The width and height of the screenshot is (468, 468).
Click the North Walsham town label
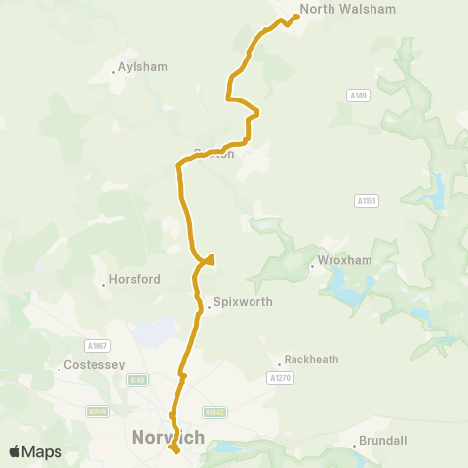click(x=334, y=9)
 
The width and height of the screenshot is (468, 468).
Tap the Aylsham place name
click(x=142, y=67)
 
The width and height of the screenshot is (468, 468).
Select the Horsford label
click(x=136, y=279)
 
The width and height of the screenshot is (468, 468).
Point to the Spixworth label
click(x=243, y=302)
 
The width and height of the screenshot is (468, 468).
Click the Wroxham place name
click(x=340, y=263)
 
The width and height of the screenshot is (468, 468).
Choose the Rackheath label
click(x=311, y=359)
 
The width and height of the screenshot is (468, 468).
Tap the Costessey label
click(x=91, y=365)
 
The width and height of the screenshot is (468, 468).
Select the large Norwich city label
click(x=168, y=438)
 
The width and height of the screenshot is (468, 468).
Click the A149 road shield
click(x=358, y=95)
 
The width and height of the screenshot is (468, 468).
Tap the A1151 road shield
click(x=367, y=201)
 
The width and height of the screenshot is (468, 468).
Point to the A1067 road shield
click(x=97, y=345)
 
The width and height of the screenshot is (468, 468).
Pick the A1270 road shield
click(x=279, y=377)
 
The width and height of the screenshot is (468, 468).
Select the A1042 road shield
click(x=215, y=412)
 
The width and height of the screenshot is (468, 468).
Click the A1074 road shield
click(x=97, y=412)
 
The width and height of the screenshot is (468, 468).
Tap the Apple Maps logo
click(x=35, y=451)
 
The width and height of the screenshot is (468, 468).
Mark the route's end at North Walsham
click(x=295, y=16)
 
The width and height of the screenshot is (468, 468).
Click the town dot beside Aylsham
click(x=113, y=71)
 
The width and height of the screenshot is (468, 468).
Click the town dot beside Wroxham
click(x=312, y=263)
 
